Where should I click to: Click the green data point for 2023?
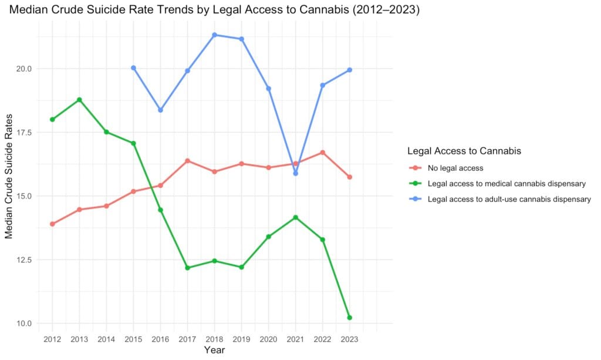tap(350, 318)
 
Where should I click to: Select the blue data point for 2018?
tap(215, 35)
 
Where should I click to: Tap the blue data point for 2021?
tap(296, 173)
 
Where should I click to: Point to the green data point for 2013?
tap(79, 100)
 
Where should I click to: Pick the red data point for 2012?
tap(52, 224)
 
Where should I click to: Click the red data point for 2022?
tap(323, 153)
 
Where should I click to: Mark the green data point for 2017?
tap(187, 268)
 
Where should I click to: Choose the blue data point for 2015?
tap(133, 68)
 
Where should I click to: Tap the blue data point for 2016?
tap(161, 110)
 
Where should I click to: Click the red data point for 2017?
tap(187, 161)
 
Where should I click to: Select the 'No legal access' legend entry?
tap(446, 168)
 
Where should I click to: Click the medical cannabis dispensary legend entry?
tap(498, 184)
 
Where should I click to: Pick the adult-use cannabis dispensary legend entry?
tap(500, 199)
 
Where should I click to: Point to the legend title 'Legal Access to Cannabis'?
tap(464, 151)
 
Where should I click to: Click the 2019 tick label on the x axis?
tap(241, 339)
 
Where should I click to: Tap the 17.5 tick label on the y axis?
tap(23, 132)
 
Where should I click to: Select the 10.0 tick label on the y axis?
tap(23, 323)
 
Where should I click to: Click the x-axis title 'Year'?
tap(214, 350)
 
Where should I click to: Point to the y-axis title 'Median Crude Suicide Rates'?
tap(9, 176)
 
